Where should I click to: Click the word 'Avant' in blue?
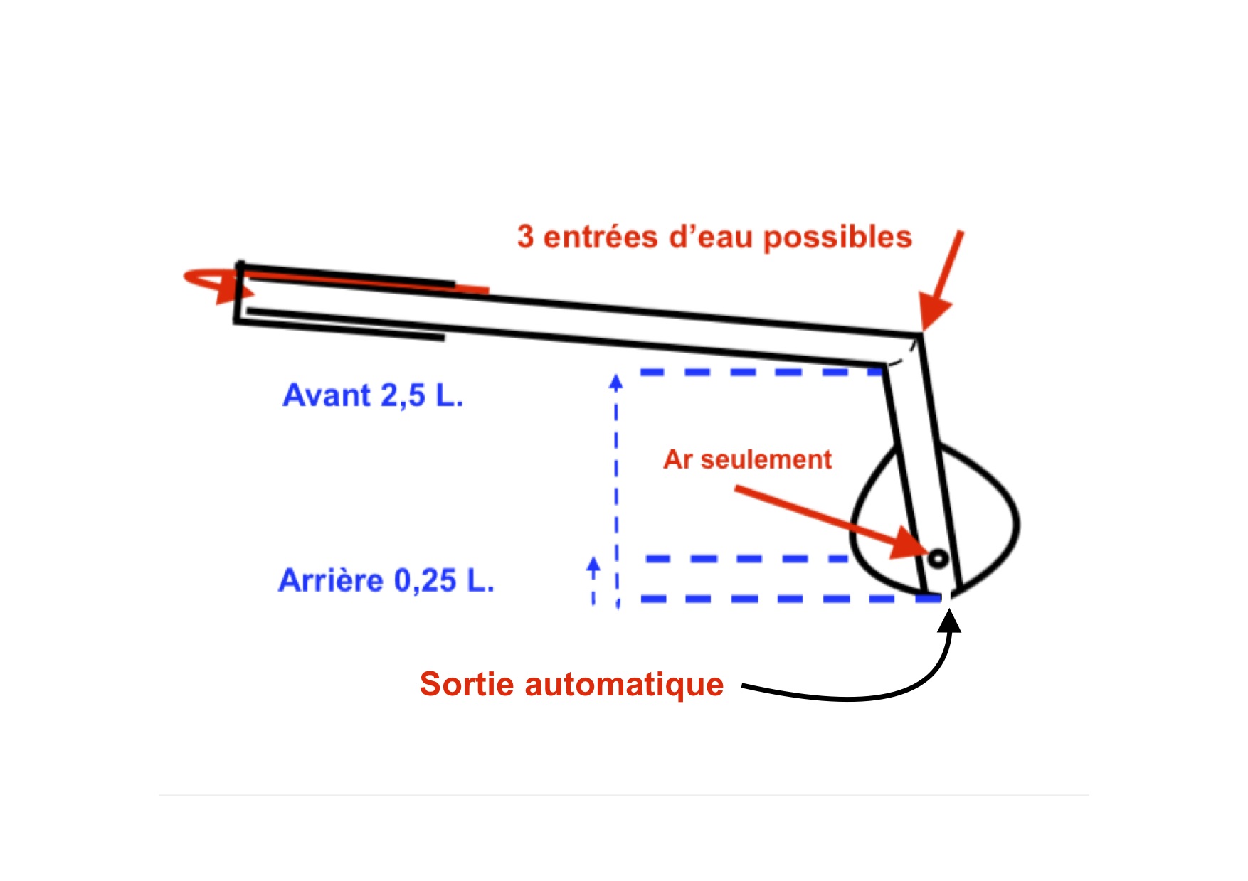click(x=327, y=395)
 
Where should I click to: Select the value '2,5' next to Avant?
click(x=403, y=395)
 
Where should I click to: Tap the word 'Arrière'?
click(x=331, y=580)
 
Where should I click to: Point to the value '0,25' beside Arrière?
click(x=425, y=581)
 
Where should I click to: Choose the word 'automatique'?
click(x=624, y=685)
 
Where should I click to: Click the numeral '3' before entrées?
click(x=525, y=237)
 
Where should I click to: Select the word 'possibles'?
click(x=837, y=237)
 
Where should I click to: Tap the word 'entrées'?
click(x=601, y=237)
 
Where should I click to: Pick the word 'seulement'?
click(x=766, y=459)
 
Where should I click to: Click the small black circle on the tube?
click(x=938, y=559)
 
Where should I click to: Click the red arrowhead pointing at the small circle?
click(x=910, y=544)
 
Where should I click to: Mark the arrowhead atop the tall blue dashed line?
click(x=616, y=383)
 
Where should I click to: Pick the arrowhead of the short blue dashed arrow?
click(x=593, y=566)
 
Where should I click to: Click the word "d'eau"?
click(x=711, y=237)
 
